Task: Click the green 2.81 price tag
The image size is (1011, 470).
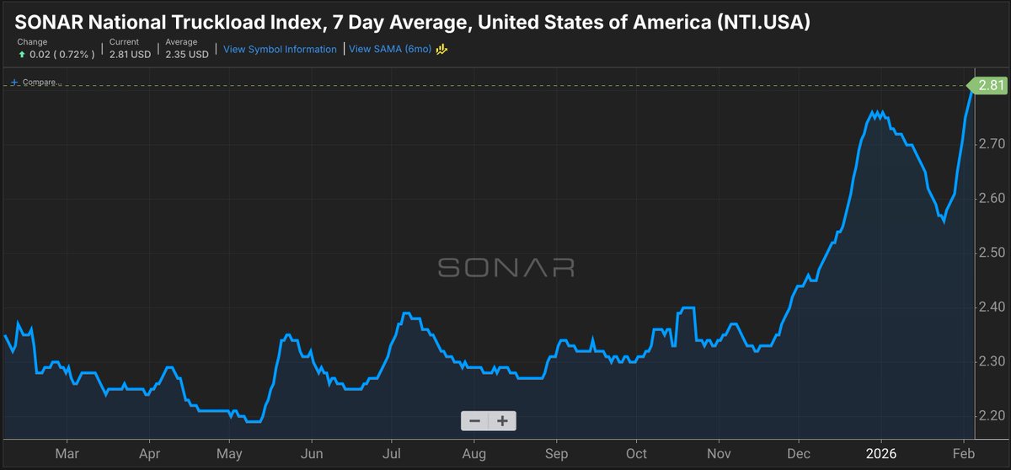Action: pos(985,85)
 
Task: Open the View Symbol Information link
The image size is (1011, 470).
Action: pos(280,49)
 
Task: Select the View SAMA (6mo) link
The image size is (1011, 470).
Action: pos(390,49)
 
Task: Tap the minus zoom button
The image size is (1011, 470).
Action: pos(474,421)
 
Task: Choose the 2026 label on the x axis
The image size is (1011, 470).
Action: pos(880,453)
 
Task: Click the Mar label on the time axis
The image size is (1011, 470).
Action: pos(67,453)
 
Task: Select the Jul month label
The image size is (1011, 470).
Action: pos(391,453)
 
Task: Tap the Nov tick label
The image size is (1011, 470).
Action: pos(719,453)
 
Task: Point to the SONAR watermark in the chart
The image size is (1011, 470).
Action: pos(505,268)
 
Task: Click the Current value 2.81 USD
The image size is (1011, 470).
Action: pos(131,54)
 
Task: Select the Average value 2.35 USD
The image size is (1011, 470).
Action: pos(187,54)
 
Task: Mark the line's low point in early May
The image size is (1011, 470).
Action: pos(254,421)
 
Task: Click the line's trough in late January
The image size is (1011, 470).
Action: pos(943,222)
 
